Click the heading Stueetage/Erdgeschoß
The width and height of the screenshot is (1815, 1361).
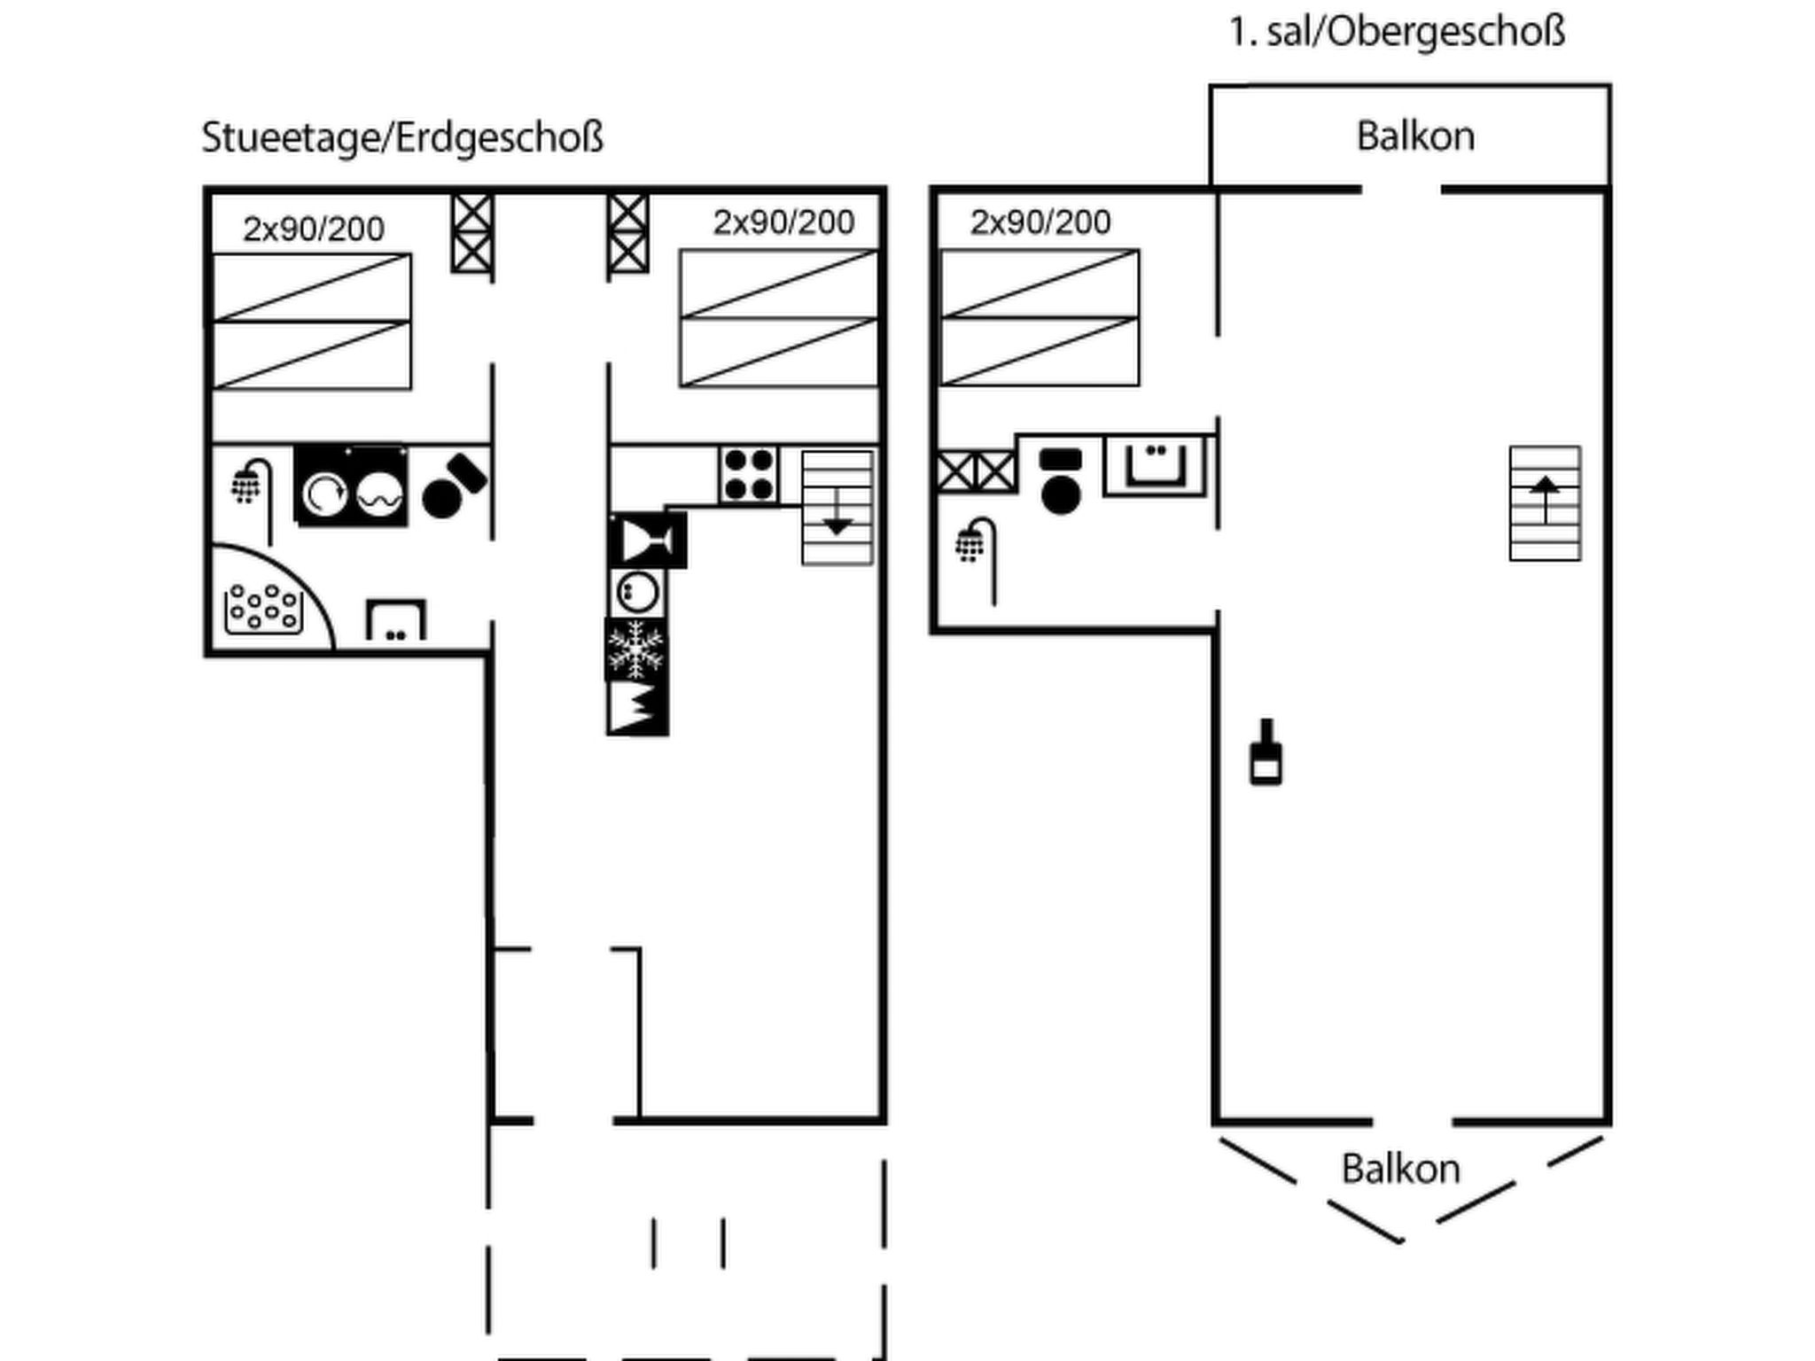point(402,138)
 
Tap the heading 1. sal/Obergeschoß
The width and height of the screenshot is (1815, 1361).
point(1397,33)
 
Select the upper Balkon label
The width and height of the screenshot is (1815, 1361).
point(1415,136)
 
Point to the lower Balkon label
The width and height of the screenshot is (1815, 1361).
point(1400,1169)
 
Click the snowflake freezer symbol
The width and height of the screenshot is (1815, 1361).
point(635,649)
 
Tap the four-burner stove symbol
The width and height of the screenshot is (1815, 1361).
point(748,475)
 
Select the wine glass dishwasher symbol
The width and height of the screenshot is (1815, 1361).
point(648,540)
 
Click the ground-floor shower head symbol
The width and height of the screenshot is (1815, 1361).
point(248,484)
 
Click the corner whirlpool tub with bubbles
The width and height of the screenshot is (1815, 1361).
point(263,608)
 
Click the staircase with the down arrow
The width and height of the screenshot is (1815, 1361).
point(837,508)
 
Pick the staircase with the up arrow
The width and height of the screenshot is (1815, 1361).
point(1545,503)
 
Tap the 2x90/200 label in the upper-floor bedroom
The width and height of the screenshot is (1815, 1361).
point(1040,222)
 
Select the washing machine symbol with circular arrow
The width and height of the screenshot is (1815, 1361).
point(323,494)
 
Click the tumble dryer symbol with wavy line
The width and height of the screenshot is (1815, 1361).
point(380,494)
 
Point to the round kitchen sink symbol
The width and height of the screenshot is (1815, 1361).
point(636,592)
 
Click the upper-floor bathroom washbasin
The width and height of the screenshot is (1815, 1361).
point(1155,464)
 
